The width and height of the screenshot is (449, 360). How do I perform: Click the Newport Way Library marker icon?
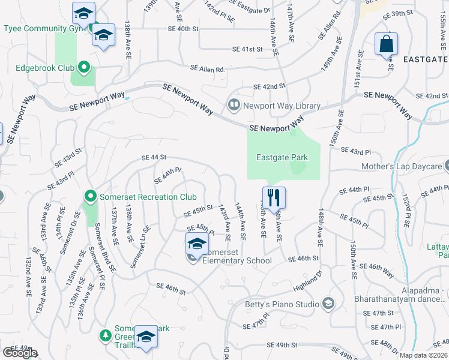(234, 106)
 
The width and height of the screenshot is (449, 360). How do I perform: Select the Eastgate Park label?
(282, 158)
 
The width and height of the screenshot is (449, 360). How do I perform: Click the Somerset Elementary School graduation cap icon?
(196, 245)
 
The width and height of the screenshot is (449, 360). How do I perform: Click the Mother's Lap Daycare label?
(401, 166)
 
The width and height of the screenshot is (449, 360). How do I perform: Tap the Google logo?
(19, 353)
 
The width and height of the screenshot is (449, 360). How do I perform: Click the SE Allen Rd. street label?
(208, 70)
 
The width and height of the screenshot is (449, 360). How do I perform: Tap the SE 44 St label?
(153, 157)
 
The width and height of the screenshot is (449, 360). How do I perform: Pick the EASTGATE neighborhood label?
(426, 59)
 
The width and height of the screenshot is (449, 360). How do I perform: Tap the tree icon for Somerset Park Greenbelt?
(106, 334)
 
